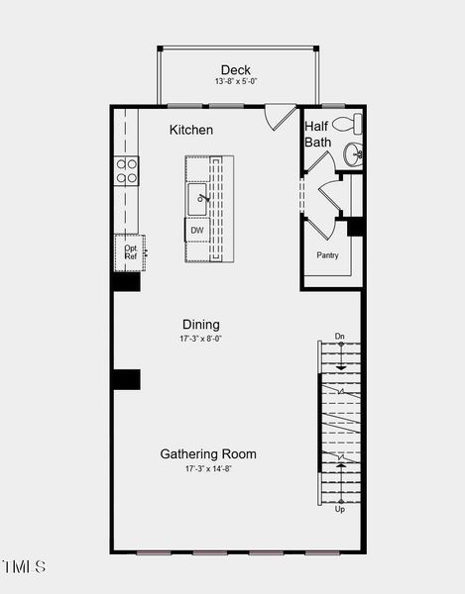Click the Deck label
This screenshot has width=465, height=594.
point(236,70)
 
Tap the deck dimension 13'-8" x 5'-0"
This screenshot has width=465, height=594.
point(236,81)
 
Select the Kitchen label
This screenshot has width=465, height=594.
point(191,130)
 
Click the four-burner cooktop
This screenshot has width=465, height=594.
point(126,171)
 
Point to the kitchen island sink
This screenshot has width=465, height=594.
point(197,199)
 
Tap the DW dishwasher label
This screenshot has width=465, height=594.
point(197,230)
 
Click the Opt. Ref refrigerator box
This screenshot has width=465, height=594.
point(130,252)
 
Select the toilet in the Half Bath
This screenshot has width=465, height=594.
point(347,124)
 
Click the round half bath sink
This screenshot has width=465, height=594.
point(353,154)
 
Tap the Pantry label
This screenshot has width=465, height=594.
point(328,255)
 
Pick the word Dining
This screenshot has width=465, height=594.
point(201,325)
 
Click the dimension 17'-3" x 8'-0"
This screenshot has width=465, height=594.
point(200,339)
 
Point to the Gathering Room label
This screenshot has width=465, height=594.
point(208,453)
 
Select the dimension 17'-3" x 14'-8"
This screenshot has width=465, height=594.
point(208,468)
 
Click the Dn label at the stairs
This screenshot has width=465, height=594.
point(339,336)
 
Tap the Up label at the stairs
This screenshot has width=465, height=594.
point(339,509)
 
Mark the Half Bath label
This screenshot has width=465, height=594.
point(318,134)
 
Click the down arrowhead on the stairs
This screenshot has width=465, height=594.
point(341,367)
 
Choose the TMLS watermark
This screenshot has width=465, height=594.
point(24,566)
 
